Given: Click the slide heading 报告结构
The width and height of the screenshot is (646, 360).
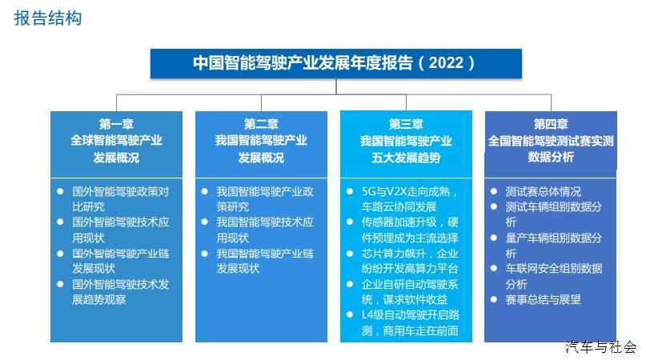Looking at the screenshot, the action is tap(48, 18).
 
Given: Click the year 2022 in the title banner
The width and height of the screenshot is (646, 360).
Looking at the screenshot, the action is tap(446, 62).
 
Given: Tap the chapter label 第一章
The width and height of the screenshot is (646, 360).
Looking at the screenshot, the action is tap(116, 123).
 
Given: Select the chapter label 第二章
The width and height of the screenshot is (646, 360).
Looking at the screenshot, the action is tap(261, 123).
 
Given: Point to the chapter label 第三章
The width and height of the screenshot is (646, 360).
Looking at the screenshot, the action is tap(406, 123).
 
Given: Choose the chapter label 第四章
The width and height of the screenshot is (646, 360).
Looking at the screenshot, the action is tap(551, 123).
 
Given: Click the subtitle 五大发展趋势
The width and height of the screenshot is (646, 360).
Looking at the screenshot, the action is tap(406, 158).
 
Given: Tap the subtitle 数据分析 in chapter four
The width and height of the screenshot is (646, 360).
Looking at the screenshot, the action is tap(551, 157).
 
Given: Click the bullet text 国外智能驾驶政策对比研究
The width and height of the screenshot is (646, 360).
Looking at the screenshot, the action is tap(121, 199).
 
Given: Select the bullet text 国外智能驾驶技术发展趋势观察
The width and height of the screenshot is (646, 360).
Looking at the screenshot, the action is tap(121, 292).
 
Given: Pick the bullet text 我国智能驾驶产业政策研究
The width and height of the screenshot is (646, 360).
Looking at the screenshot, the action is tap(265, 199).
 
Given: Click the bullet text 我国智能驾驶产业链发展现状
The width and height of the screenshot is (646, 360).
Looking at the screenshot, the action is tap(265, 261).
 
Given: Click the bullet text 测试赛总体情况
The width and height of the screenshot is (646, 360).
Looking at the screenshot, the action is tap(544, 191).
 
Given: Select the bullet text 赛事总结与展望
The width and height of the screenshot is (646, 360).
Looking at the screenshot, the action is tap(544, 299).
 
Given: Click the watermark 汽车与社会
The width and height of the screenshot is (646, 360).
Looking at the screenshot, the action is tap(600, 347).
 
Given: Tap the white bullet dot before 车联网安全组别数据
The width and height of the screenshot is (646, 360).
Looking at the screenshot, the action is tap(494, 268).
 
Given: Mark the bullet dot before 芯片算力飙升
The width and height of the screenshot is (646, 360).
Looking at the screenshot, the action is tap(350, 253).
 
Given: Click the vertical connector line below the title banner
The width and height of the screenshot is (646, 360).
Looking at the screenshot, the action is tap(336, 86).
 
